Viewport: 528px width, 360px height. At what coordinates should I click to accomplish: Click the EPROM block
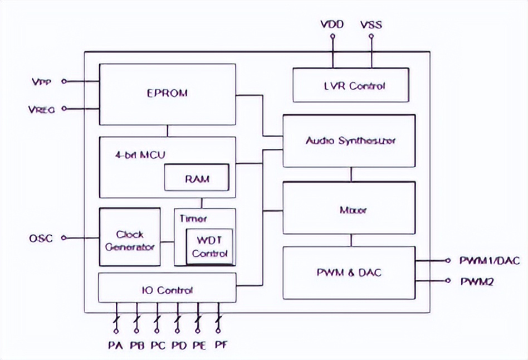coord(167,94)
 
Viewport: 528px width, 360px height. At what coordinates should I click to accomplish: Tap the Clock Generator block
coord(130,240)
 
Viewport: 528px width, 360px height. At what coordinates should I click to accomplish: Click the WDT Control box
coord(209,246)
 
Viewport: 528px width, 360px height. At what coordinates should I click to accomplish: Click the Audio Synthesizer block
coord(350,140)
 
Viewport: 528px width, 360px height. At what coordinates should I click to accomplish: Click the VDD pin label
coord(332,25)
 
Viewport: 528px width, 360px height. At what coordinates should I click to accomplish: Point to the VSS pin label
coord(371,25)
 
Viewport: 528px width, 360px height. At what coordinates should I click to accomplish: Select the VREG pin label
coord(41,110)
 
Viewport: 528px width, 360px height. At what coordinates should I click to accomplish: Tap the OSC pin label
coord(41,239)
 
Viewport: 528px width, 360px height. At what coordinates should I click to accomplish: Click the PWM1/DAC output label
coord(490,260)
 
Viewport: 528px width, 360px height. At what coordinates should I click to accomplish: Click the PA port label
coord(115,345)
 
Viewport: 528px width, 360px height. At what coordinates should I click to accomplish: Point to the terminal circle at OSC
coord(64,238)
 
